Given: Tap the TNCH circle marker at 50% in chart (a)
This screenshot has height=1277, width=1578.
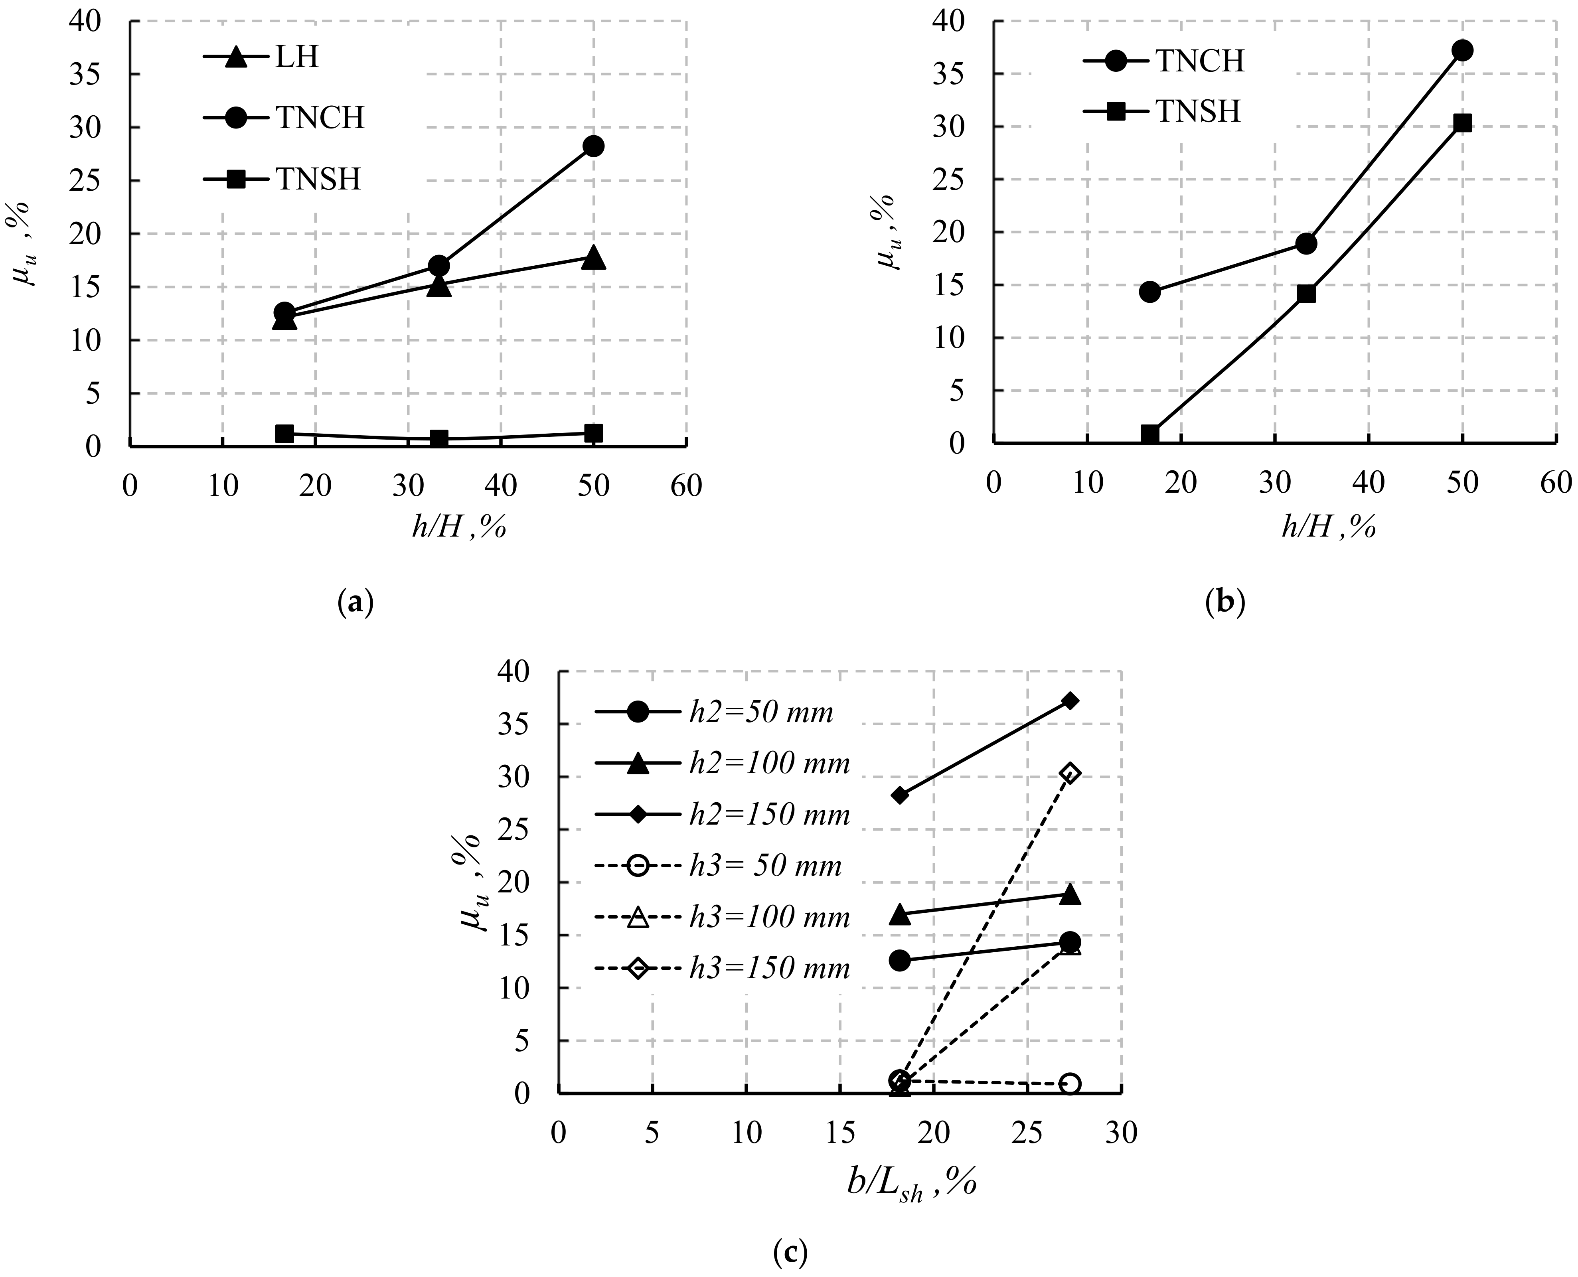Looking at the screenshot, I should [x=594, y=146].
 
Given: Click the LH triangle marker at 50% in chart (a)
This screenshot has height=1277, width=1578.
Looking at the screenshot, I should [x=594, y=258].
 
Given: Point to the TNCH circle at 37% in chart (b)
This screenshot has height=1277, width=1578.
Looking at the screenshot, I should [x=1463, y=50].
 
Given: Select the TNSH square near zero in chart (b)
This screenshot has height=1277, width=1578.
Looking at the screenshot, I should [x=1150, y=434].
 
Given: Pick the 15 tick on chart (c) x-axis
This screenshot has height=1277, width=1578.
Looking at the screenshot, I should [x=840, y=1133].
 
